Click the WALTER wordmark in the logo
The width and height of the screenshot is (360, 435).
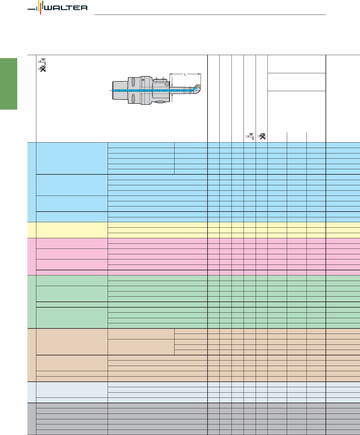pos(66,8)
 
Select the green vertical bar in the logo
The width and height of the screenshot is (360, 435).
pos(43,5)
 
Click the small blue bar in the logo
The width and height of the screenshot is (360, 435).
pos(37,8)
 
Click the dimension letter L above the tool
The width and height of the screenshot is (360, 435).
pos(185,74)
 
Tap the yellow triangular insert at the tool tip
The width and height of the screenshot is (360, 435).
pos(199,86)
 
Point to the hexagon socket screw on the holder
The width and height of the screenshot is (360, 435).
pos(167,84)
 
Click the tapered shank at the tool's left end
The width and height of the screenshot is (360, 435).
pos(120,91)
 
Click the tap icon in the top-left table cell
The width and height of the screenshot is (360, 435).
pos(42,61)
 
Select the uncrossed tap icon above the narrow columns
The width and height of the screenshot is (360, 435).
pos(250,136)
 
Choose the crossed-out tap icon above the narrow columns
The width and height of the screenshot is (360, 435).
pos(261,136)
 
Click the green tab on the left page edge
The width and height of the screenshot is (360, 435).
pos(8,84)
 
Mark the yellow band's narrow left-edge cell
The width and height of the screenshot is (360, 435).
pos(32,230)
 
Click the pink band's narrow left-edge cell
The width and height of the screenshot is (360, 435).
pos(32,257)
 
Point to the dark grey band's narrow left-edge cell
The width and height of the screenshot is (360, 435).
pos(32,419)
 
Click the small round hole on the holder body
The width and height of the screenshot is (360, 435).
pos(143,80)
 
